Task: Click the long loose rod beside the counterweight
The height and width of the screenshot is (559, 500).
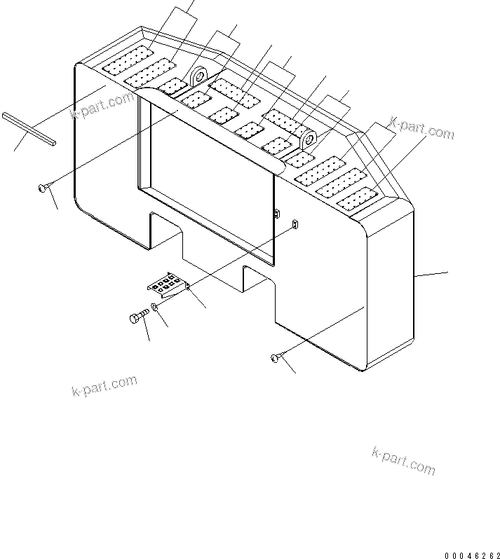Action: [x=28, y=130]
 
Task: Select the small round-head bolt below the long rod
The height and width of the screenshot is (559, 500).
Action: [x=43, y=187]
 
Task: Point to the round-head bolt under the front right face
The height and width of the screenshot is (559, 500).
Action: [x=275, y=359]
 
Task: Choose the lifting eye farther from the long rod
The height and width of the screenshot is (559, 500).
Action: [x=309, y=139]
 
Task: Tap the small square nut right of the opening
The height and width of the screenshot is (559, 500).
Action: [x=295, y=223]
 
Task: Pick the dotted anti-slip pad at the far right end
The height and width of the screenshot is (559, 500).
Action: [x=358, y=198]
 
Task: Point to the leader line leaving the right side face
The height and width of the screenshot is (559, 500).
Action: [x=431, y=274]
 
